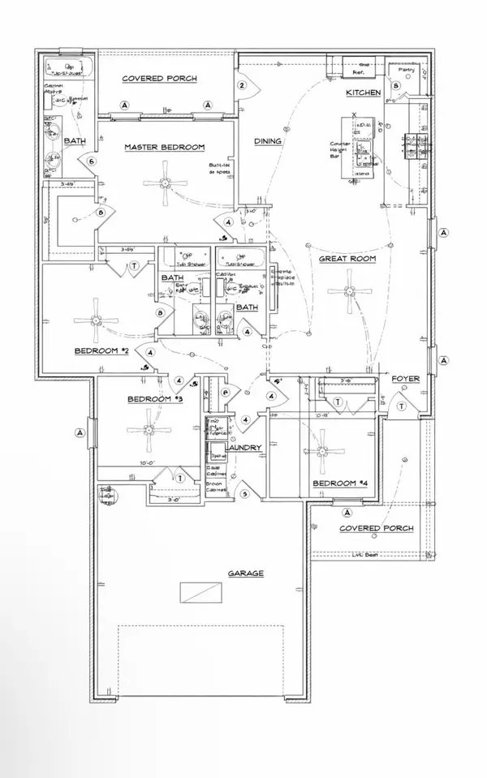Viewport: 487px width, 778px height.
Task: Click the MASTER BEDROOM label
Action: pos(164,147)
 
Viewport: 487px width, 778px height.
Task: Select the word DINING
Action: pos(268,141)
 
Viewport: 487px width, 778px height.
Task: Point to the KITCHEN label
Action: pos(363,93)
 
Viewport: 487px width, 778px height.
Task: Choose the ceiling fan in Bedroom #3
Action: pos(149,430)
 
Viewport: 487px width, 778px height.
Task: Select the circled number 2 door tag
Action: pos(241,85)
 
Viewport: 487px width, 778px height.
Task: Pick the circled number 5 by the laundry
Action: pos(244,493)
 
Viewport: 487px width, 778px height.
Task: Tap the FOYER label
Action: pos(405,380)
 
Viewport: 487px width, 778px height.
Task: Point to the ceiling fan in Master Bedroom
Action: pos(166,183)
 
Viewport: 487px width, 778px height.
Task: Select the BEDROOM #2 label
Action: pos(102,351)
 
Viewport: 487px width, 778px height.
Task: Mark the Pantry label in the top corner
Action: pos(407,70)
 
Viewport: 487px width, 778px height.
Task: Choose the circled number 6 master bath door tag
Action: pos(92,161)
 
